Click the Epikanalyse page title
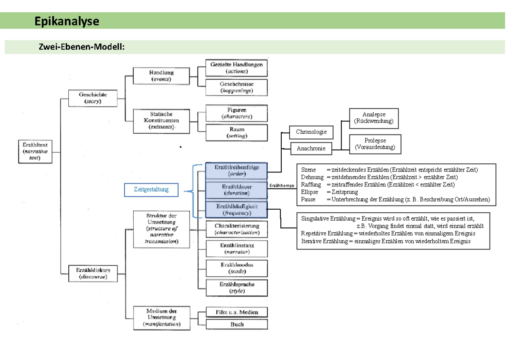point(67,21)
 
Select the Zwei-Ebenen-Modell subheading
point(82,47)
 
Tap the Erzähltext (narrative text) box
point(35,151)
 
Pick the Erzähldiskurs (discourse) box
point(93,273)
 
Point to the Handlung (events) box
point(161,76)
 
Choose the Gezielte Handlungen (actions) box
point(236,68)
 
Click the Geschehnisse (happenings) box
point(236,87)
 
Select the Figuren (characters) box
point(236,113)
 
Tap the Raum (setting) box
point(236,132)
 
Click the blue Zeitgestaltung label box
point(151,190)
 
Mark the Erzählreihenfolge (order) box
point(236,171)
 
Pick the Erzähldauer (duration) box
point(236,190)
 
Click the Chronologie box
point(311,132)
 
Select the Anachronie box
point(311,149)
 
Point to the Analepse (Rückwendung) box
point(373,118)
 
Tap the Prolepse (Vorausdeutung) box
point(375,144)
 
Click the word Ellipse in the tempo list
point(309,192)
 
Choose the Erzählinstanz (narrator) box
point(236,248)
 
